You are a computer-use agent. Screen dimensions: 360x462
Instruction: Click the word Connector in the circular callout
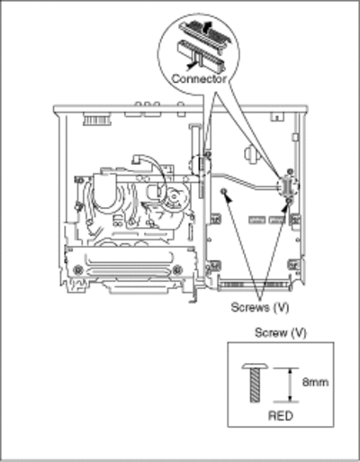pyautogui.click(x=199, y=79)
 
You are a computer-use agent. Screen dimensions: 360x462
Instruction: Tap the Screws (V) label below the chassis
pyautogui.click(x=260, y=307)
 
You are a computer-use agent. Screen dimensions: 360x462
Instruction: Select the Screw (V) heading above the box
pyautogui.click(x=281, y=332)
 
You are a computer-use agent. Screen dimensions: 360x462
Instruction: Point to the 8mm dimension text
pyautogui.click(x=315, y=383)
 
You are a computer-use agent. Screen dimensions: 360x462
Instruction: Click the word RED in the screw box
pyautogui.click(x=281, y=416)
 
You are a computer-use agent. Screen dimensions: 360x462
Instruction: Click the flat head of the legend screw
pyautogui.click(x=256, y=366)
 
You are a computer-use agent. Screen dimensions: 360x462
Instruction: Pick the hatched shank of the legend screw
pyautogui.click(x=256, y=385)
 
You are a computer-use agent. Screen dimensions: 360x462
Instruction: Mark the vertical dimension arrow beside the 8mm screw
pyautogui.click(x=290, y=385)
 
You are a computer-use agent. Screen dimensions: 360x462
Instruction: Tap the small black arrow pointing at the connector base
pyautogui.click(x=190, y=64)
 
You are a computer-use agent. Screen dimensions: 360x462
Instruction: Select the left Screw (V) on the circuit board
pyautogui.click(x=222, y=191)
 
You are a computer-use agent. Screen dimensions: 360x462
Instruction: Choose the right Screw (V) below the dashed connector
pyautogui.click(x=289, y=199)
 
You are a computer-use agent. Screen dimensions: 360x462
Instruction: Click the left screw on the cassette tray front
pyautogui.click(x=78, y=269)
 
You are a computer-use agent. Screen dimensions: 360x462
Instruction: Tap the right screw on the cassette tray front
pyautogui.click(x=177, y=269)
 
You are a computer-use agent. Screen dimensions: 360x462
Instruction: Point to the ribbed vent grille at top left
pyautogui.click(x=96, y=120)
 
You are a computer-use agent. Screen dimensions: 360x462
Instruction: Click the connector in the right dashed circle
pyautogui.click(x=288, y=186)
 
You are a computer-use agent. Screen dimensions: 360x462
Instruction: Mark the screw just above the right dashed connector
pyautogui.click(x=290, y=171)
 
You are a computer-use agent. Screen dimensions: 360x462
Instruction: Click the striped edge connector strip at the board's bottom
pyautogui.click(x=254, y=285)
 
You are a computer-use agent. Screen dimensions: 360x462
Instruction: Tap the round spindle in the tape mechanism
pyautogui.click(x=174, y=196)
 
